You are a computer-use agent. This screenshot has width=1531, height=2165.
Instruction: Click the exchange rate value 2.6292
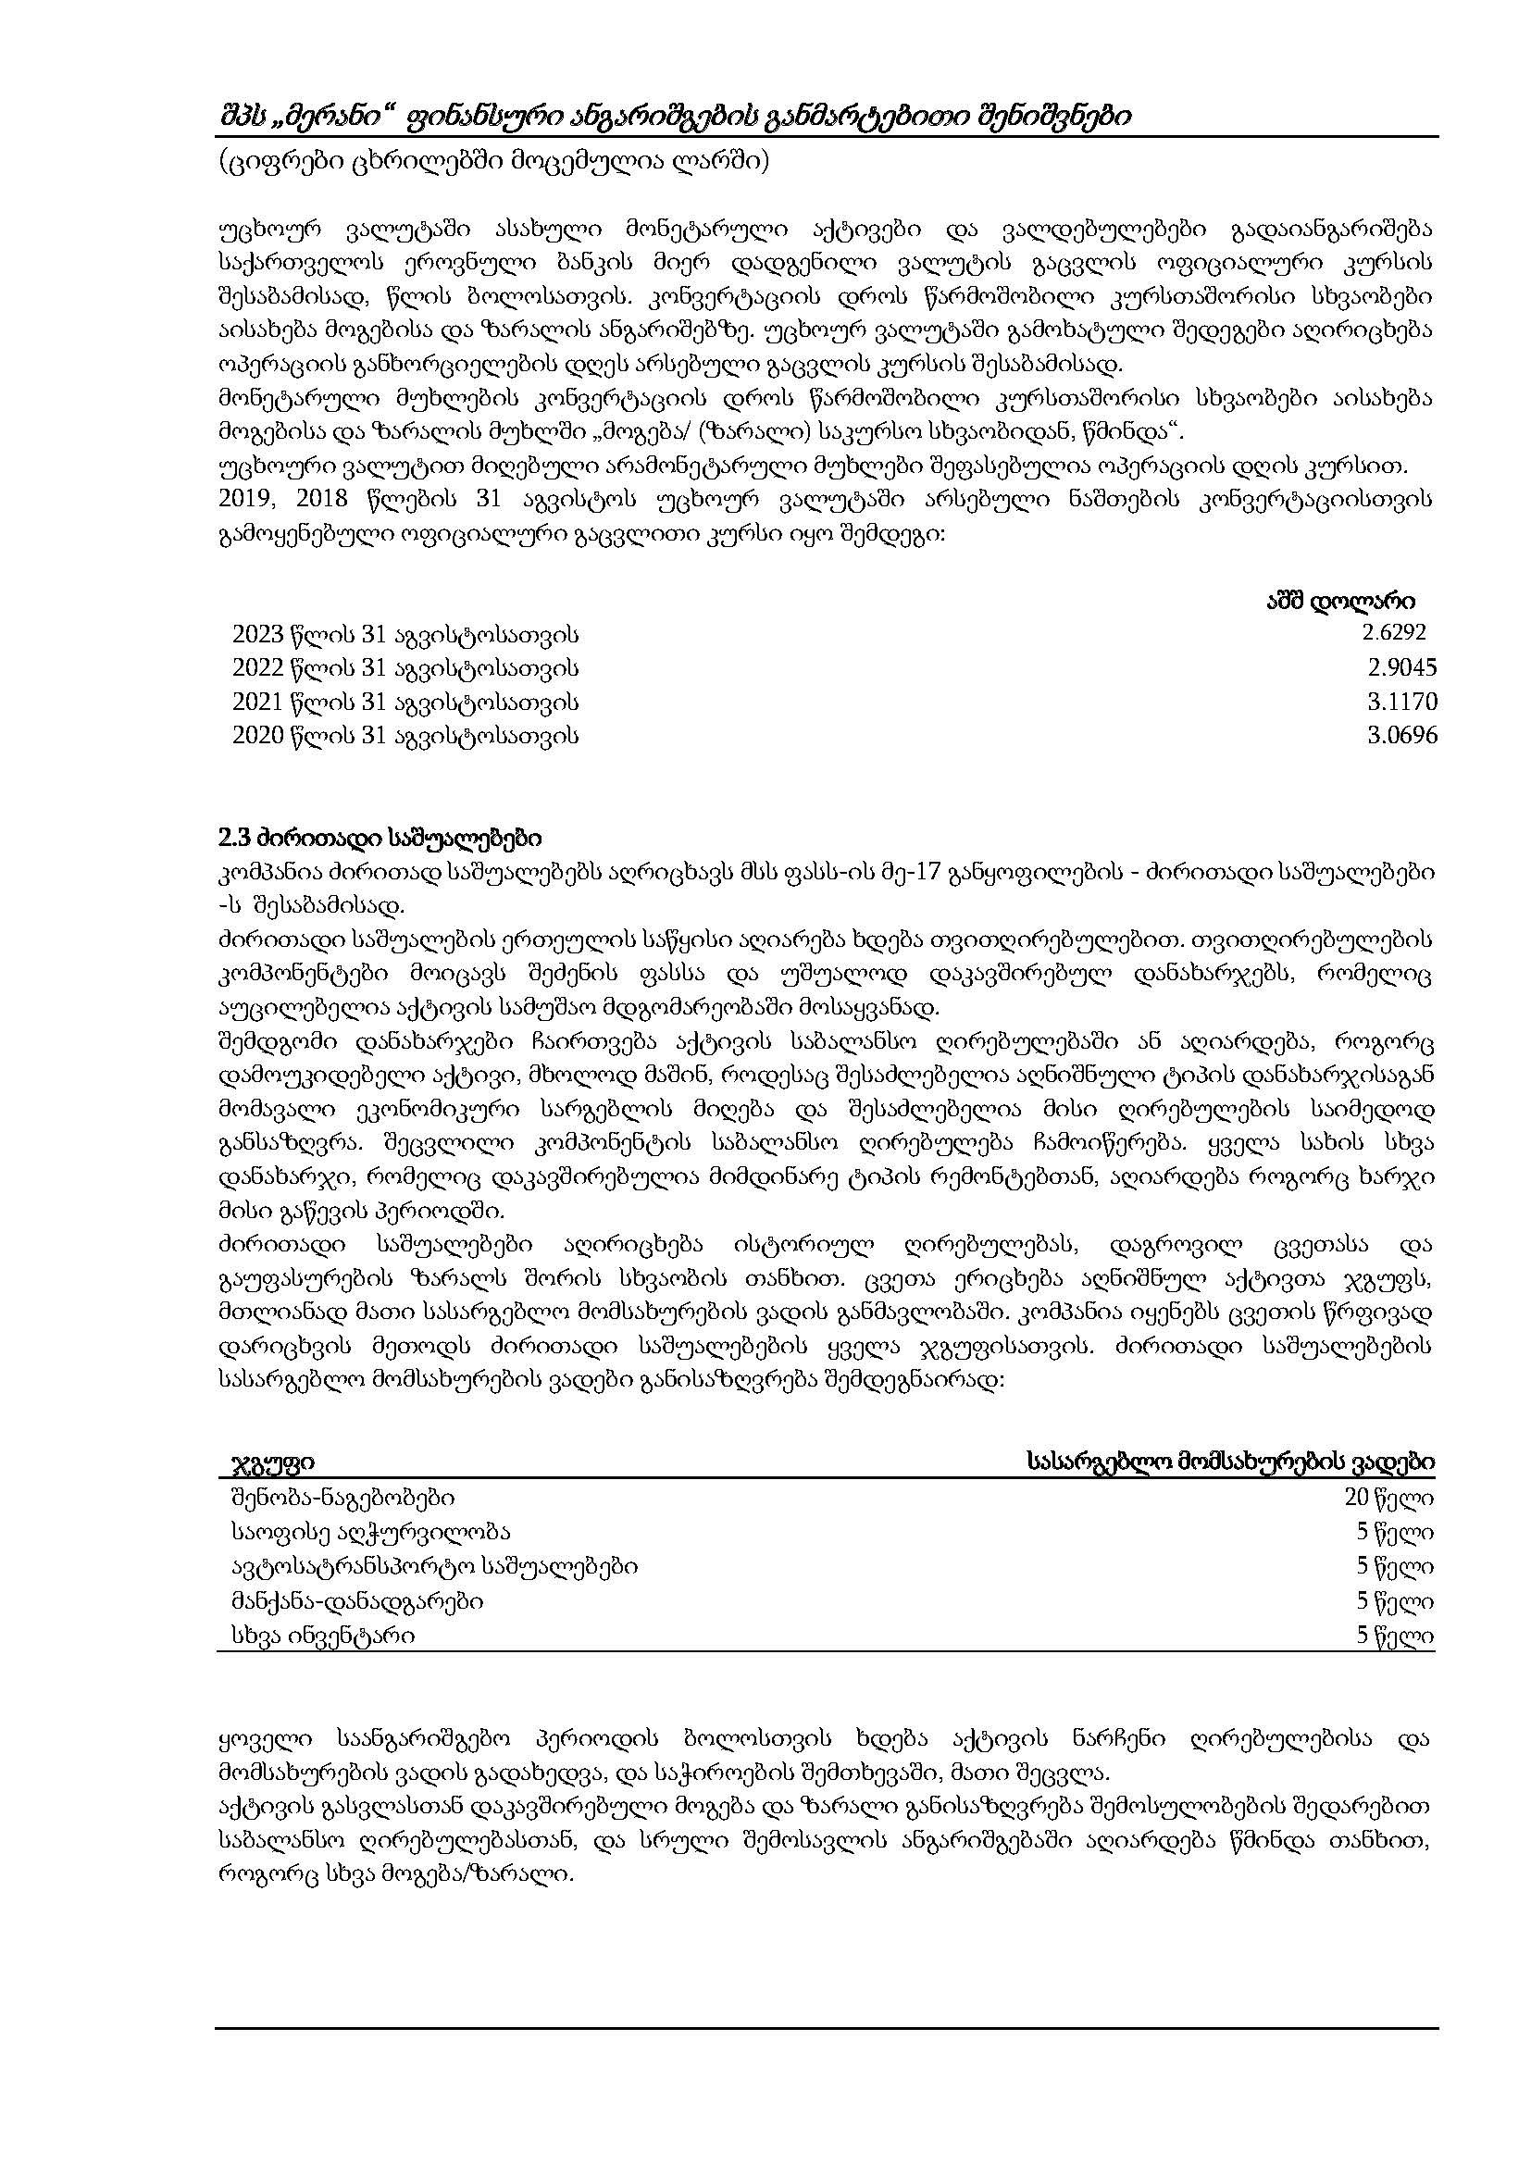(x=1393, y=632)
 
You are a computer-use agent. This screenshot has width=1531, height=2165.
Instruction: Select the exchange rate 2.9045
(x=1401, y=667)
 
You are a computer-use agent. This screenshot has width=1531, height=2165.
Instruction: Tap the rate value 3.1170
(x=1401, y=703)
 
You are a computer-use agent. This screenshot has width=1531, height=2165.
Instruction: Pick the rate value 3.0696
(x=1401, y=736)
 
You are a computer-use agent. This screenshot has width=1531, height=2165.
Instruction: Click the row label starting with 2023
(x=405, y=634)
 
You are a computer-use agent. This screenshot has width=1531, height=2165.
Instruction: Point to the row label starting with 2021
(x=405, y=703)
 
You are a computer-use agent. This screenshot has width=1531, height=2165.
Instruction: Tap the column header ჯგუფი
(x=273, y=1462)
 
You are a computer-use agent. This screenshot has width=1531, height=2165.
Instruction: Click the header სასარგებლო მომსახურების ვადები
(x=1231, y=1462)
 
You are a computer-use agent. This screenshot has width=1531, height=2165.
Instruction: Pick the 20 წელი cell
(x=1389, y=1498)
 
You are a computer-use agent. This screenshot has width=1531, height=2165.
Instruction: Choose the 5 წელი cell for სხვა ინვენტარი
(x=1395, y=1636)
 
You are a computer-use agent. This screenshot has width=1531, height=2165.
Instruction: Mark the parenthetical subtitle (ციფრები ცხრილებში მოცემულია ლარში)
(x=493, y=163)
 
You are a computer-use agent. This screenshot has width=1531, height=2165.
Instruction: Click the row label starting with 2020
(x=405, y=737)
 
